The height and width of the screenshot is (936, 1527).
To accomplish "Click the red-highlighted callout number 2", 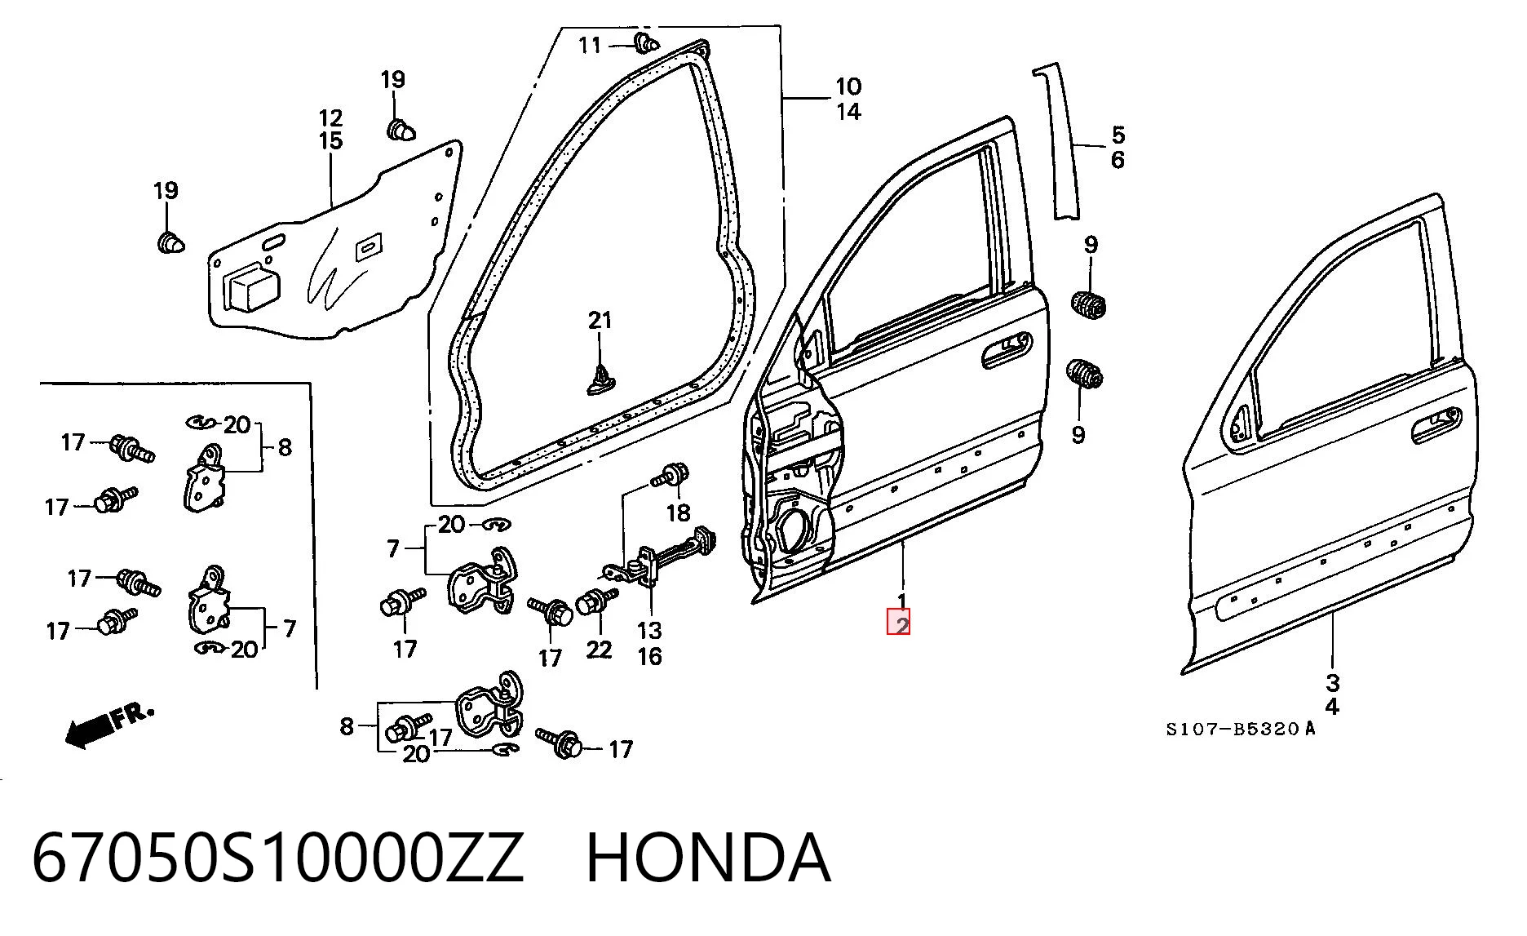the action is [x=900, y=624].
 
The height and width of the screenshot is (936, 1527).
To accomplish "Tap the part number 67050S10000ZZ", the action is [x=277, y=858].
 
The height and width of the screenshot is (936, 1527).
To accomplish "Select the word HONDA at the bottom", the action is [x=708, y=858].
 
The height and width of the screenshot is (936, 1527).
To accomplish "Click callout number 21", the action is [x=600, y=320].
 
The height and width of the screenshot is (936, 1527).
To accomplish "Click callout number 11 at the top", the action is [x=590, y=45].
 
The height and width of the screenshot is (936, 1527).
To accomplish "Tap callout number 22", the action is [x=599, y=649].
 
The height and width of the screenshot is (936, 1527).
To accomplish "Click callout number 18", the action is [x=679, y=512].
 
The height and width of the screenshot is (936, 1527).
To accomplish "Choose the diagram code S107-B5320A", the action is [x=1240, y=729].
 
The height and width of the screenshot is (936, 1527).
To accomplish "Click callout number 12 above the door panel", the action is [x=330, y=118].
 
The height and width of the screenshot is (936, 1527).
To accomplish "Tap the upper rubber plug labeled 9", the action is [x=1088, y=304].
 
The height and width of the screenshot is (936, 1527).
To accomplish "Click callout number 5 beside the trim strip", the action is [x=1118, y=135].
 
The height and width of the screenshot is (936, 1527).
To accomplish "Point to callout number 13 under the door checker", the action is [x=649, y=630].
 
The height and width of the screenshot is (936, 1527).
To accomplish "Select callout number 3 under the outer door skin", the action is [x=1332, y=682].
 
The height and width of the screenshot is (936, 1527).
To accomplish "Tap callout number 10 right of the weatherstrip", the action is [x=848, y=86].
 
